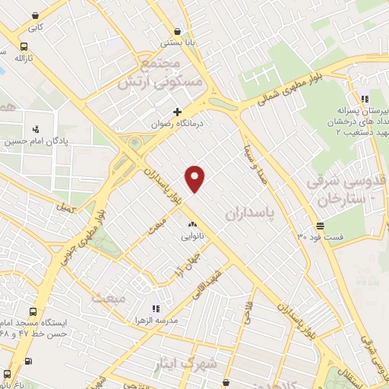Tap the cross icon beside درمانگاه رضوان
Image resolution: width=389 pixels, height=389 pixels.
[x=177, y=112]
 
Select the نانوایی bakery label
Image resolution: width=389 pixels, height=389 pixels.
[x=191, y=237]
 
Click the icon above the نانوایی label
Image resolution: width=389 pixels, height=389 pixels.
[x=191, y=226]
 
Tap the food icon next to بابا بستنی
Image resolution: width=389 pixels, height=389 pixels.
[x=177, y=31]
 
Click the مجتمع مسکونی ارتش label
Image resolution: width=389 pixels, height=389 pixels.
[x=159, y=71]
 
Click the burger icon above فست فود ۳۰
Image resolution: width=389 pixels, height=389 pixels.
[x=321, y=226]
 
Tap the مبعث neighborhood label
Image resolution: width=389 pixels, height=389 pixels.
[x=107, y=299]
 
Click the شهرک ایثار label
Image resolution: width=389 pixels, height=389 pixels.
[x=183, y=363]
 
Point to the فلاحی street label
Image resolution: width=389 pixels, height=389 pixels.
[x=247, y=312]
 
